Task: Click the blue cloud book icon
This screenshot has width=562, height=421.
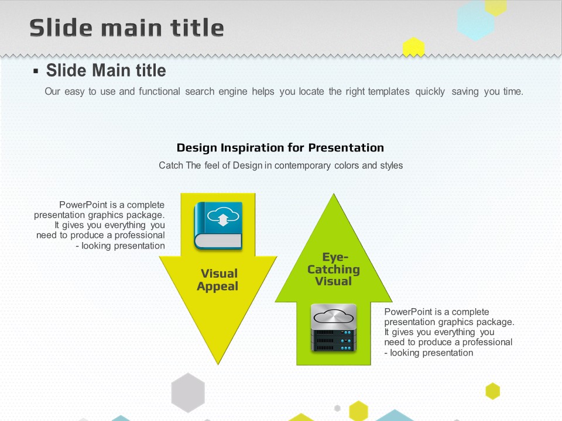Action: (x=218, y=226)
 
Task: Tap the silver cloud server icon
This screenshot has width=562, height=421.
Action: (x=334, y=327)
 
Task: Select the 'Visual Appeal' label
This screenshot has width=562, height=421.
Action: (x=218, y=279)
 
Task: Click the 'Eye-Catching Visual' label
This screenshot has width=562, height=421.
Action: (x=334, y=269)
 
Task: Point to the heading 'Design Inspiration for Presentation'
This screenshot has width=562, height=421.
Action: (x=280, y=147)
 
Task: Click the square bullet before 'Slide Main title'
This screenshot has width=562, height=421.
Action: (x=36, y=71)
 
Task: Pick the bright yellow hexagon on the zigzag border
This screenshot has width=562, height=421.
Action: (x=414, y=47)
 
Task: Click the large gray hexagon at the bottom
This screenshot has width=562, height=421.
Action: (x=188, y=392)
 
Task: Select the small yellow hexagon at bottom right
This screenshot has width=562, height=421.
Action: (x=492, y=391)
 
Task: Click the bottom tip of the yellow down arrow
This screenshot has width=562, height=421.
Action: (x=218, y=364)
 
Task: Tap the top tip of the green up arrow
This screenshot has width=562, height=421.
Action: (x=334, y=194)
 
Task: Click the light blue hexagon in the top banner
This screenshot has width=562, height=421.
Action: (x=476, y=21)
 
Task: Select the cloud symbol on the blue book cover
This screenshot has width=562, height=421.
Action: (x=223, y=216)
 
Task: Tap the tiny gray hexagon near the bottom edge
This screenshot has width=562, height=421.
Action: (x=337, y=408)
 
